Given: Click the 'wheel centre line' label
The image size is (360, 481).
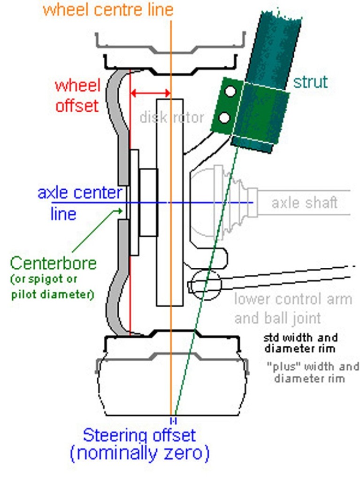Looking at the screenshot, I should (x=108, y=9).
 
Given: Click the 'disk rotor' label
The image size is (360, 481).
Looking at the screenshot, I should (x=172, y=117).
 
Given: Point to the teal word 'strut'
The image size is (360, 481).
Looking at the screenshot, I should (x=310, y=82).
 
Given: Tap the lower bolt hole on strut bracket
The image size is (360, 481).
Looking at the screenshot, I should (x=225, y=117).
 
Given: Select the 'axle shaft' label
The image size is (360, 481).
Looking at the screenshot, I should (x=305, y=203).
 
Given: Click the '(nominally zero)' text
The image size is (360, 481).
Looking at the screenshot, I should (x=139, y=454).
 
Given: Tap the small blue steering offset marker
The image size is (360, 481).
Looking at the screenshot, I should (x=173, y=419).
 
